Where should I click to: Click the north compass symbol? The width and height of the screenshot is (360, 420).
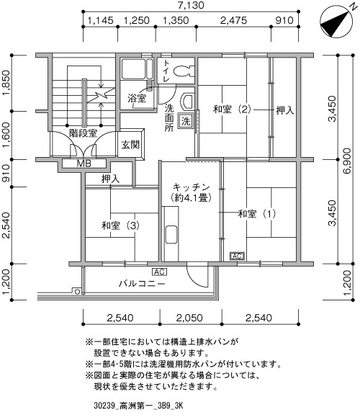pyautogui.click(x=336, y=22)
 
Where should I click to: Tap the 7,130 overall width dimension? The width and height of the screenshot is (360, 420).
pyautogui.click(x=192, y=5)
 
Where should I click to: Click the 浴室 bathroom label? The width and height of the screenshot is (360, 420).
pyautogui.click(x=137, y=98)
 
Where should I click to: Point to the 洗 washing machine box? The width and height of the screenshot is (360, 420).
pyautogui.click(x=186, y=121)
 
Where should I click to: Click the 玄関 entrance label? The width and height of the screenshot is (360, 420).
pyautogui.click(x=130, y=145)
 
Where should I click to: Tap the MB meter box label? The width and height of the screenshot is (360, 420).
pyautogui.click(x=84, y=163)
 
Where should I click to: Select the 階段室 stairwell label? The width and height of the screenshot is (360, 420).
pyautogui.click(x=83, y=133)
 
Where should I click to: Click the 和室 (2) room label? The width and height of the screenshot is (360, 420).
pyautogui.click(x=232, y=110)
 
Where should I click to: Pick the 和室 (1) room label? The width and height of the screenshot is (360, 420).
pyautogui.click(x=257, y=213)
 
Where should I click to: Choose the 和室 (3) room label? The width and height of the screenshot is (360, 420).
pyautogui.click(x=120, y=225)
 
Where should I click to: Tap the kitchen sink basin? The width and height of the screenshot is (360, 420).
pyautogui.click(x=171, y=234)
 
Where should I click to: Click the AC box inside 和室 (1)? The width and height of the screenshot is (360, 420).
pyautogui.click(x=237, y=256)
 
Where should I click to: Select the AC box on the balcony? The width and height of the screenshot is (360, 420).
pyautogui.click(x=160, y=272)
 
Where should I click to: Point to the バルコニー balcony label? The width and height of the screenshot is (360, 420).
pyautogui.click(x=142, y=283)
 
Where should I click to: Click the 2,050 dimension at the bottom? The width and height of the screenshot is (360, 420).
pyautogui.click(x=189, y=318)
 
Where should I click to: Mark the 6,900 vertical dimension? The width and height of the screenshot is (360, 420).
pyautogui.click(x=347, y=161)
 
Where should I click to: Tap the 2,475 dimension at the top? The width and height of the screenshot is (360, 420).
pyautogui.click(x=233, y=20)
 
